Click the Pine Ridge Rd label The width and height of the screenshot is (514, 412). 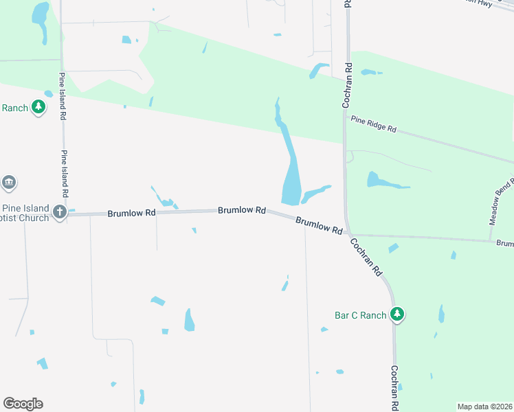[x=374, y=124]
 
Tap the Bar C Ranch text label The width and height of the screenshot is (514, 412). [x=361, y=316]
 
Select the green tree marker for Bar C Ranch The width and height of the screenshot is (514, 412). [x=396, y=314]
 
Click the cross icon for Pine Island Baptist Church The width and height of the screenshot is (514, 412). [x=60, y=212]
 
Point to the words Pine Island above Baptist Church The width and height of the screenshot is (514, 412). [x=26, y=208]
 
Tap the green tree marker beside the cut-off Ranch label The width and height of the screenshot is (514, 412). [x=38, y=107]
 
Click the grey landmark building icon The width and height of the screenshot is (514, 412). [x=9, y=182]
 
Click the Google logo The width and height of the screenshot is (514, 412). [x=23, y=404]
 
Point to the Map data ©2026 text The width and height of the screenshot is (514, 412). [x=484, y=406]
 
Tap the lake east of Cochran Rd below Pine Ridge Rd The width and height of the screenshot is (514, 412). [x=385, y=182]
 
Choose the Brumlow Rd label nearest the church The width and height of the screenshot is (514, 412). [x=131, y=214]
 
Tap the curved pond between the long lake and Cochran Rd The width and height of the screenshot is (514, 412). [x=316, y=193]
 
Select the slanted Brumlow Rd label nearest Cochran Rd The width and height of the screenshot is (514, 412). [x=319, y=226]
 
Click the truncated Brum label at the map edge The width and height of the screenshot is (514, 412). [x=504, y=244]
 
